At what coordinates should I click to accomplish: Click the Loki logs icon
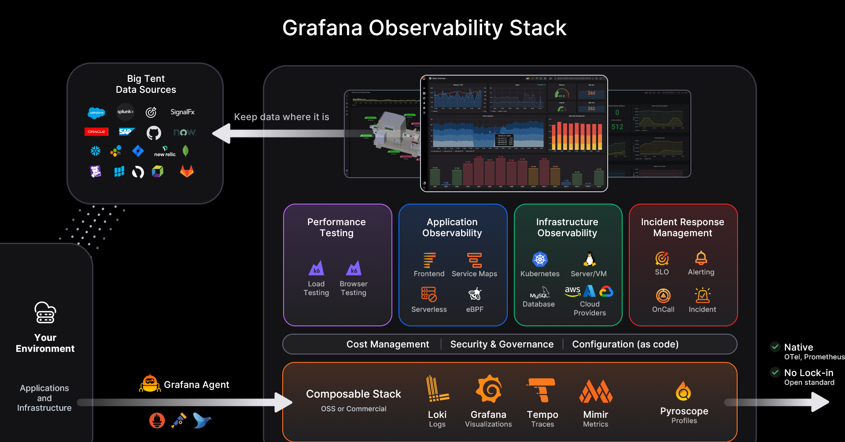pos(437,389)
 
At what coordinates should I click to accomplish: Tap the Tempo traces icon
pos(542,390)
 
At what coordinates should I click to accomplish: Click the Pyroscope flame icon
pos(683,391)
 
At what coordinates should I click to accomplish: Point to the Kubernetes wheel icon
pos(540,259)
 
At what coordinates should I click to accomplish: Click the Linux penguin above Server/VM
pos(589,259)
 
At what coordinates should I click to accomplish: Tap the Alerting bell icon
pos(701,258)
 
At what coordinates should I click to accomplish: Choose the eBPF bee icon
pos(475,294)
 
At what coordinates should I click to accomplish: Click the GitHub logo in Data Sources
pos(154,132)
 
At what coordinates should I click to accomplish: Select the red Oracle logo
pos(96,132)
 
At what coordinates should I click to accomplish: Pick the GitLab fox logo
pos(187,171)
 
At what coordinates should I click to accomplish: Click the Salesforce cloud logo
pos(96,113)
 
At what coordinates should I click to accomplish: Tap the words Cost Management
pos(387,344)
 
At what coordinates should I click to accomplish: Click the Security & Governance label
pos(502,344)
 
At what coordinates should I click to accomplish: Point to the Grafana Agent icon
pos(150,384)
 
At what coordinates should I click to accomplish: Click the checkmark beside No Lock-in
pos(775,373)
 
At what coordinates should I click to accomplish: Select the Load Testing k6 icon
pos(316,268)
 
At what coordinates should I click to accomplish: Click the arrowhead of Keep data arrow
pos(222,133)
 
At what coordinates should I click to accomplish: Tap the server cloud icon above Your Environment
pos(45,313)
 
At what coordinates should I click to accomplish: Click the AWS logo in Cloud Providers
pos(572,291)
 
